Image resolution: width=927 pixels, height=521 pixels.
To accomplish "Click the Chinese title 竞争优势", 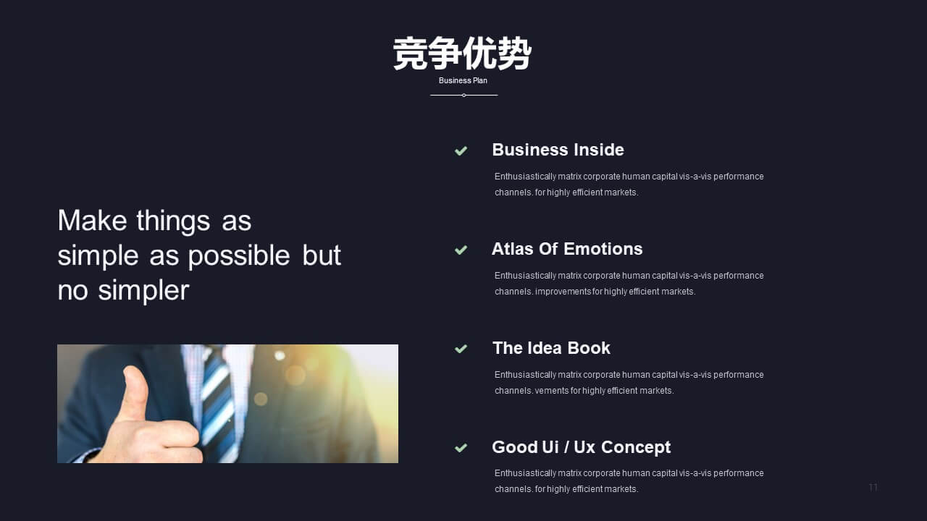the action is tap(462, 54).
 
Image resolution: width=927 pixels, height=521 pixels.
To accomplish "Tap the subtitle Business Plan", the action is tap(463, 80).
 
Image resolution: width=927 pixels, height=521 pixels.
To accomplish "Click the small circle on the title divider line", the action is tap(464, 95).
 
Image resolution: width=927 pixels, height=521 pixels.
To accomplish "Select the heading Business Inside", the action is tap(558, 150).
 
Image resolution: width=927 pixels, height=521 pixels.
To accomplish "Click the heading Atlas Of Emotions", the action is tap(567, 249).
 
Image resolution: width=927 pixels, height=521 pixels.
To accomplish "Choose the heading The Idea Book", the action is tap(551, 348).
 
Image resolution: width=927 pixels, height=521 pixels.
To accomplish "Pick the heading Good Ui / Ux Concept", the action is tap(581, 447).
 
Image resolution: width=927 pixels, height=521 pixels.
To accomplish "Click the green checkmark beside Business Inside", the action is tap(461, 151).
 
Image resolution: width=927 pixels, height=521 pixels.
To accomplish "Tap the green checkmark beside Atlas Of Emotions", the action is tap(461, 250).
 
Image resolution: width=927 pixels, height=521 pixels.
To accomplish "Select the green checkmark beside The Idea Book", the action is tap(461, 349).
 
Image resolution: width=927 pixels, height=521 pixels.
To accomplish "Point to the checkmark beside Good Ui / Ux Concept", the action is tap(461, 448).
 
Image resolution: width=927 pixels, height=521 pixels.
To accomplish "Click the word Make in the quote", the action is tap(92, 221).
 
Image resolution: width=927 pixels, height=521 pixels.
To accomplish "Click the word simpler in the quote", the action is tap(143, 291).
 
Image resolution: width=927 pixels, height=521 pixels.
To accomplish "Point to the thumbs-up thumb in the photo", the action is tap(135, 392).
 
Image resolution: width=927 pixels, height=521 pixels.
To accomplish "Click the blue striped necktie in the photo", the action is tap(217, 405).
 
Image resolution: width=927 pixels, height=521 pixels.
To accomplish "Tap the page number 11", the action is tap(873, 487).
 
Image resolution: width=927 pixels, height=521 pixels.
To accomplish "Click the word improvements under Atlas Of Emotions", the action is tap(563, 292).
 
